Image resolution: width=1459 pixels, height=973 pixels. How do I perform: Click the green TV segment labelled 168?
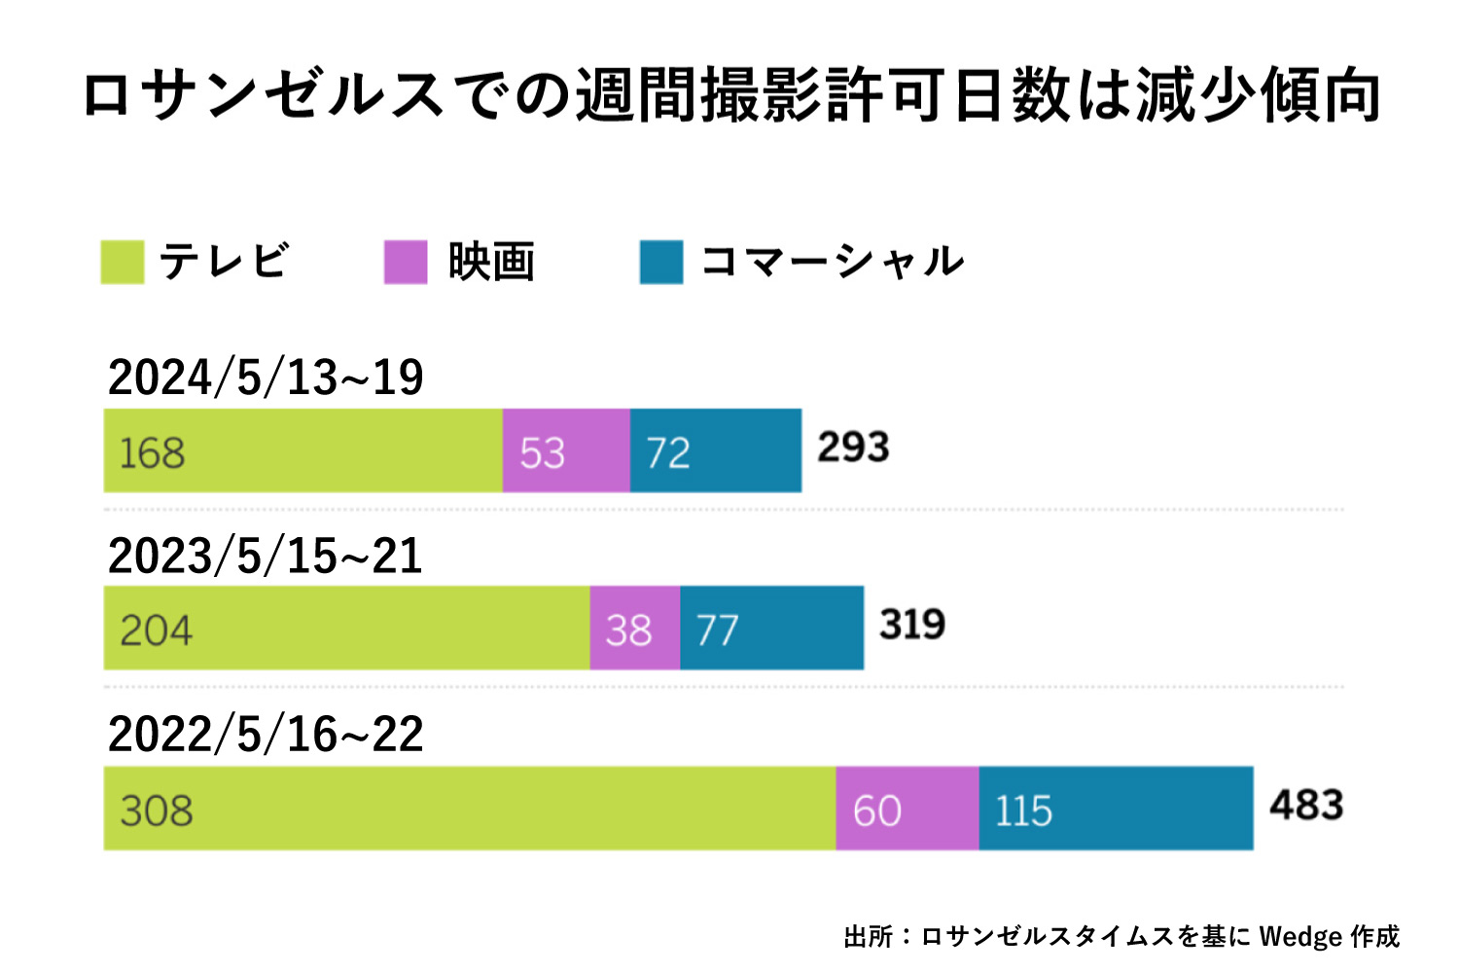(x=302, y=450)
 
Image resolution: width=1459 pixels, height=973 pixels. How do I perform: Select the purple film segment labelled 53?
(x=566, y=450)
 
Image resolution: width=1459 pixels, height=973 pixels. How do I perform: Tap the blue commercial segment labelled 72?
(x=716, y=450)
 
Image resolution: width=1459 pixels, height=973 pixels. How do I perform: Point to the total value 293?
(x=853, y=448)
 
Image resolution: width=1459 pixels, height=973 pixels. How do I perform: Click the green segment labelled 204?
(x=346, y=628)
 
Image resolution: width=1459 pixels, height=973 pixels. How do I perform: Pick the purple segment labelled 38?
(x=634, y=628)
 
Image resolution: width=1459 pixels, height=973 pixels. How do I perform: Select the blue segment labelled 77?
(x=771, y=628)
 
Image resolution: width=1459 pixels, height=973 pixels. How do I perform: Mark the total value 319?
(x=912, y=625)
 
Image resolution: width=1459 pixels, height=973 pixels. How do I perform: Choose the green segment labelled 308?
(x=469, y=808)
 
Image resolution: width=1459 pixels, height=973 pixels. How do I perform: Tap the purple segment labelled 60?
(x=907, y=808)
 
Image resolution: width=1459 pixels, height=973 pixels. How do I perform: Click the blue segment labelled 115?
(x=1116, y=808)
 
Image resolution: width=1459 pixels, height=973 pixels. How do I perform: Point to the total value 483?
(x=1306, y=806)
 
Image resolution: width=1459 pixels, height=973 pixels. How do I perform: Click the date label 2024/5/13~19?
(x=266, y=378)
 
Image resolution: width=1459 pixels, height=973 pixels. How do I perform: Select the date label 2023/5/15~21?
(x=266, y=556)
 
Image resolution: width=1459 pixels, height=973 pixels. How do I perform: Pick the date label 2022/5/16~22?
(x=266, y=734)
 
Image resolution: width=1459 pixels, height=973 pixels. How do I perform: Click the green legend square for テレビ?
(x=123, y=263)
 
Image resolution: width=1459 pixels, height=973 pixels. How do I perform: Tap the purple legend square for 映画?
(x=406, y=263)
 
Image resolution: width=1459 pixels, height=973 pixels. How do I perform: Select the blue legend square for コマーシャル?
(x=661, y=263)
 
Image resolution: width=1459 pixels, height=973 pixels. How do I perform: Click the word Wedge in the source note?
(x=1300, y=936)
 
